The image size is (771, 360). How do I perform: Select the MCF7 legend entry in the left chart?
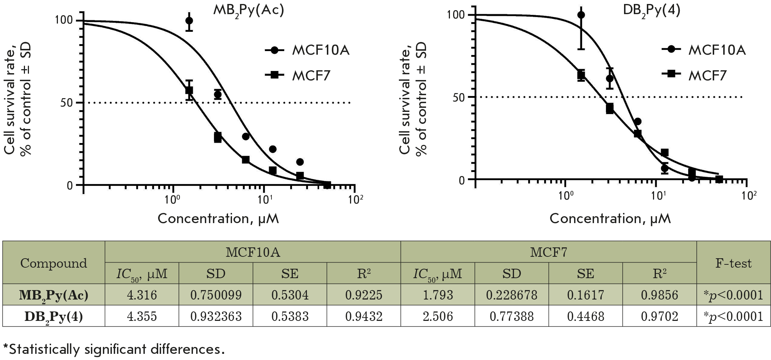311,76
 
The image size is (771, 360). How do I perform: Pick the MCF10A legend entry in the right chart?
717,50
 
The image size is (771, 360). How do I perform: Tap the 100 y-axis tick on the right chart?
456,15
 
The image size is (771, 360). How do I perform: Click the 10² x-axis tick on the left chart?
355,199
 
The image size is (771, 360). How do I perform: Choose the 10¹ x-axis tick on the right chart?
658,196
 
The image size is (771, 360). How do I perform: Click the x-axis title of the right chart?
610,219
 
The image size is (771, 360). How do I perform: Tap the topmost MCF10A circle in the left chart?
189,21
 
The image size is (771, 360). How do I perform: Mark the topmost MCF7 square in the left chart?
189,90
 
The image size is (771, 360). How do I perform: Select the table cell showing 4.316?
142,295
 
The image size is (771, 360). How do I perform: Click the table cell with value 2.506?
438,317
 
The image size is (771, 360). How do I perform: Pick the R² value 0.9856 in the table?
659,295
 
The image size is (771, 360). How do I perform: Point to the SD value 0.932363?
216,317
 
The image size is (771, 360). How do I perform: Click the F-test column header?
733,263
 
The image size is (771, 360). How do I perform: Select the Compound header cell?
54,263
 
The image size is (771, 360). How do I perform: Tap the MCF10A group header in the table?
253,252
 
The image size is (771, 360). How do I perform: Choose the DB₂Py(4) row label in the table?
54,317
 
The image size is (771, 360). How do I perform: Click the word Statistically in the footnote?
42,349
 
